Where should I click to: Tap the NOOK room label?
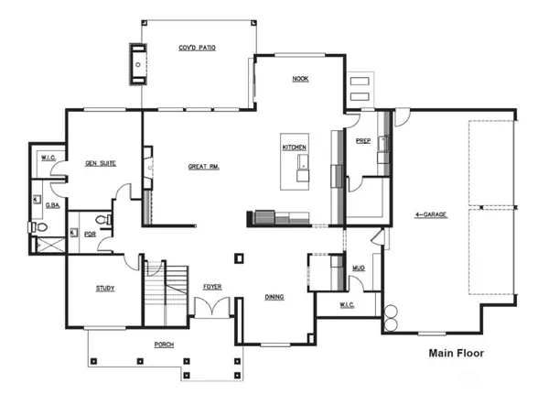pyautogui.click(x=300, y=80)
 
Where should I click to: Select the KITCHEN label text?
pyautogui.click(x=293, y=147)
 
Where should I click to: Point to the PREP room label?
pyautogui.click(x=363, y=140)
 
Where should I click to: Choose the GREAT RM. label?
pyautogui.click(x=203, y=167)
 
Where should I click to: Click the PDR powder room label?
pyautogui.click(x=91, y=234)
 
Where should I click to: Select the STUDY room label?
pyautogui.click(x=105, y=289)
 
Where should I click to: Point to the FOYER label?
pyautogui.click(x=212, y=287)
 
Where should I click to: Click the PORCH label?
pyautogui.click(x=166, y=345)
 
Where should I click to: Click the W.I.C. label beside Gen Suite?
pyautogui.click(x=48, y=159)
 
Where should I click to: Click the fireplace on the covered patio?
pyautogui.click(x=139, y=64)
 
